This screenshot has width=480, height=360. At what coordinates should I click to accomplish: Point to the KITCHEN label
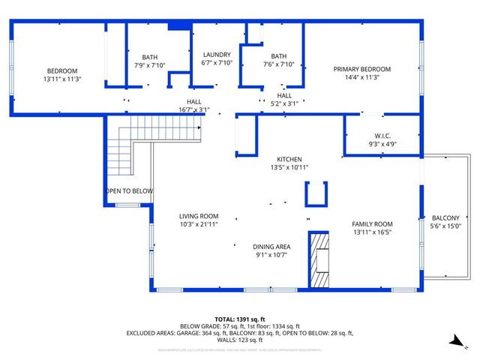(x=289, y=159)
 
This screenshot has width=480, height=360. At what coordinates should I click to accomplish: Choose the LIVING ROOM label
(x=198, y=216)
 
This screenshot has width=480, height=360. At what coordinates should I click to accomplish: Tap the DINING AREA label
(x=272, y=246)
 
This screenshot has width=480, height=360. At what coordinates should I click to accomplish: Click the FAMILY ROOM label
(x=373, y=223)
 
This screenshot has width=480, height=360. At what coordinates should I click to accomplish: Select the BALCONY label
(x=445, y=217)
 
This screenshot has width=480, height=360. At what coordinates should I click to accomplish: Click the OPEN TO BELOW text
(x=129, y=191)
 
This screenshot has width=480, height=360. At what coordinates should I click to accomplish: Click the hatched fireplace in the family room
(x=320, y=259)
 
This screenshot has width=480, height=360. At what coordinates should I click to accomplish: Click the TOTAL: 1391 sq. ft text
(x=240, y=319)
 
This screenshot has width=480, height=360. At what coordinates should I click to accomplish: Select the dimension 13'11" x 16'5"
(x=373, y=232)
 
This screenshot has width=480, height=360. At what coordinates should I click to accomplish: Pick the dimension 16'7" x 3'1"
(x=193, y=110)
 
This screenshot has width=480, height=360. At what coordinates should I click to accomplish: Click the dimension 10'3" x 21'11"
(x=198, y=224)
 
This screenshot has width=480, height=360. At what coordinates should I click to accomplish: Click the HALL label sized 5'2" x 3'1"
(x=284, y=95)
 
